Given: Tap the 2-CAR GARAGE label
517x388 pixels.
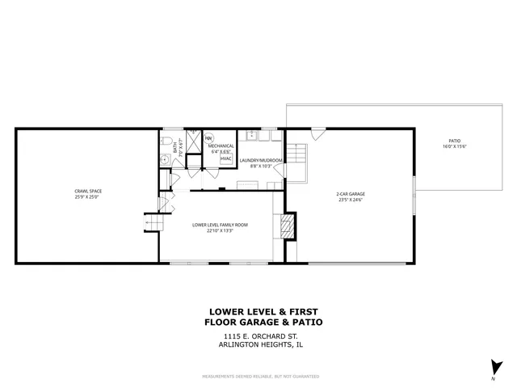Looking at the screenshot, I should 351,194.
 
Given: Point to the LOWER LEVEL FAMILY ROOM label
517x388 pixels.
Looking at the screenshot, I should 220,224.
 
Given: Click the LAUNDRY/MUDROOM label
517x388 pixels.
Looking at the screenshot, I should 260,160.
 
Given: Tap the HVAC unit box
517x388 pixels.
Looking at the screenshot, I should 226,158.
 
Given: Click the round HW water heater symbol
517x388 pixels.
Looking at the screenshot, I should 208,137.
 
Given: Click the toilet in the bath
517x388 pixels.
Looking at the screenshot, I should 165,142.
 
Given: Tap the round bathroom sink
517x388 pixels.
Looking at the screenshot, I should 164,160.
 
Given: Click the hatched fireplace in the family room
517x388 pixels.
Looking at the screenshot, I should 286,226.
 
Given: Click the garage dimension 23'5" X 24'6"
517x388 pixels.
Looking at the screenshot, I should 351,200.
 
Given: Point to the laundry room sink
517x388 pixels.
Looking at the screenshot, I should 252,133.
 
